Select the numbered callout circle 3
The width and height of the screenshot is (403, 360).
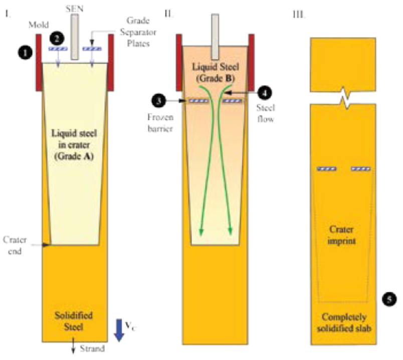(x=160, y=101)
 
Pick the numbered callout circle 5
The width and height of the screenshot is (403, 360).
(x=390, y=299)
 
